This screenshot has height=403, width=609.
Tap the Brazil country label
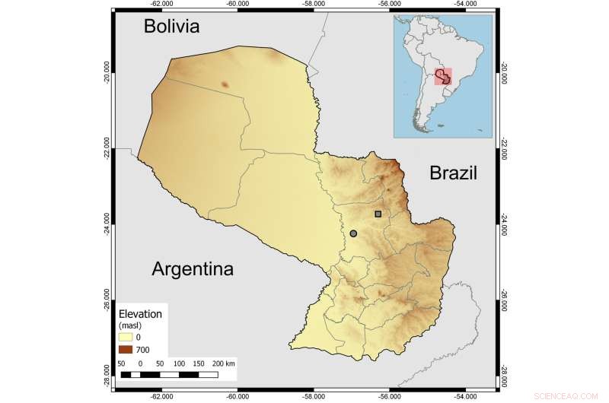click(453, 173)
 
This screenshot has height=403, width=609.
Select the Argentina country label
click(193, 269)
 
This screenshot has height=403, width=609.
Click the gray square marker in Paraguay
click(378, 214)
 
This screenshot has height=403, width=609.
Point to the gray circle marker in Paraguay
click(353, 233)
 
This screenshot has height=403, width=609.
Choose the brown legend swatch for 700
click(126, 348)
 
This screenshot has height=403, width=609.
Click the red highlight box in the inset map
click(443, 77)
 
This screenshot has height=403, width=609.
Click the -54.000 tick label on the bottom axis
click(466, 396)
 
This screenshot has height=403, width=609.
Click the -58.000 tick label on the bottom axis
click(314, 396)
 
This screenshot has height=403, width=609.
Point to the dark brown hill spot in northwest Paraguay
click(224, 84)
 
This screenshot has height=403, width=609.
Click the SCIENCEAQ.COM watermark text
click(576, 396)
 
